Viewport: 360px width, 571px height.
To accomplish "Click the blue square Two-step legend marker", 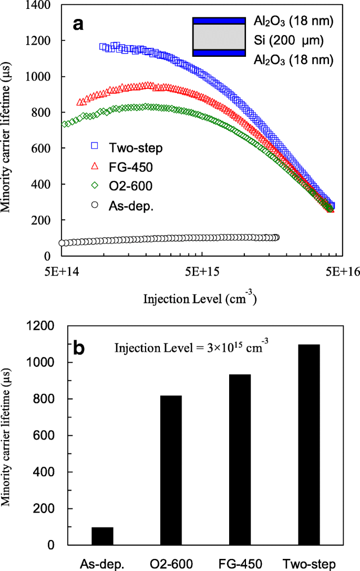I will (95, 147).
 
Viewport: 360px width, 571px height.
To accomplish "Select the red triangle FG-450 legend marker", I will (95, 166).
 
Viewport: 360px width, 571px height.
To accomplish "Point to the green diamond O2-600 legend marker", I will (95, 185).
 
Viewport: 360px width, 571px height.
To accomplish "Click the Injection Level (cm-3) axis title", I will (200, 299).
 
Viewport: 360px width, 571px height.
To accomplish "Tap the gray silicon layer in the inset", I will (219, 37).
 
